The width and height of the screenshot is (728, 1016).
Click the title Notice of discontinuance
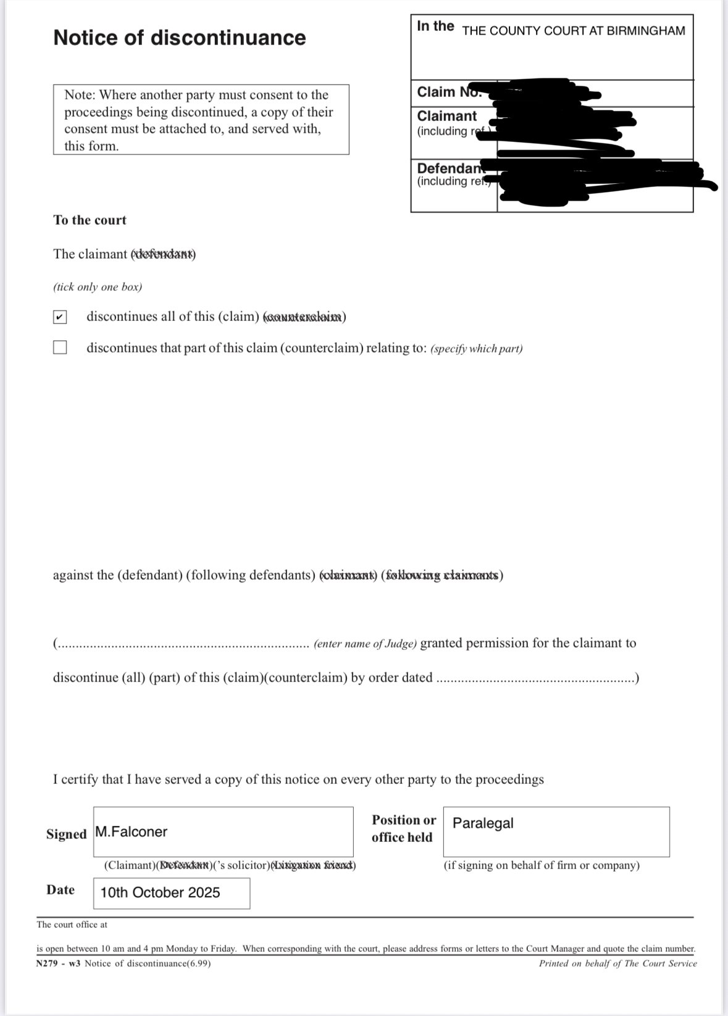179,38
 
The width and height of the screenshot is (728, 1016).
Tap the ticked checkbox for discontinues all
60,317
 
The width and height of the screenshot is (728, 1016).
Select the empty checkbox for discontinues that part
60,348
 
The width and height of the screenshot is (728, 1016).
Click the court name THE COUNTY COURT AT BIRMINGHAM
573,31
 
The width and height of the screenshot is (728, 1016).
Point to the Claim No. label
448,92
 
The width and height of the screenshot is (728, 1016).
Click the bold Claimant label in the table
446,116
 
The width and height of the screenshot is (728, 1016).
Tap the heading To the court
90,220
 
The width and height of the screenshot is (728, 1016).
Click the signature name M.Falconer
131,832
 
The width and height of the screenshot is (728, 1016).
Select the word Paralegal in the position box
483,823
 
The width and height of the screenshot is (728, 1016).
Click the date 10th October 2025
160,893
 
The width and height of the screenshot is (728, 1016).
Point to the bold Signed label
66,835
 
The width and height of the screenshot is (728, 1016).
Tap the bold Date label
61,889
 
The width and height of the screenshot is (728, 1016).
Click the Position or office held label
403,828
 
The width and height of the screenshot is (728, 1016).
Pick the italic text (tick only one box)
98,287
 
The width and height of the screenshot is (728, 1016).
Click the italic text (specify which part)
476,349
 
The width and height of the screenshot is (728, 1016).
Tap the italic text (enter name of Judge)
365,644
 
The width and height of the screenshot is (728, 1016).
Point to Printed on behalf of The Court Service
617,963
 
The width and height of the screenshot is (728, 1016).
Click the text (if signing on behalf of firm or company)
541,865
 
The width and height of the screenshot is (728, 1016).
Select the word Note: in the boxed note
80,95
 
